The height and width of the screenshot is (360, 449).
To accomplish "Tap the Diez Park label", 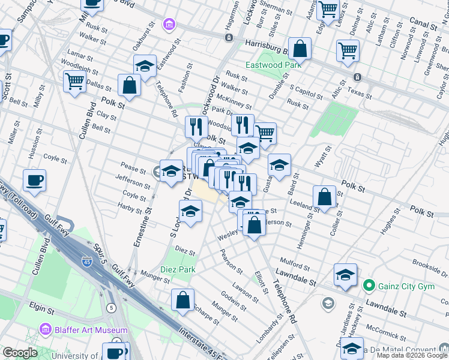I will point(178,270).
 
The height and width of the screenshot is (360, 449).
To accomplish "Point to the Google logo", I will point(20,353).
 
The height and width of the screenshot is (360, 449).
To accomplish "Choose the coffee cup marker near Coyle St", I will point(35,180).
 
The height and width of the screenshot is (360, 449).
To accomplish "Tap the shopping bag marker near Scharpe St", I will point(182,300).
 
